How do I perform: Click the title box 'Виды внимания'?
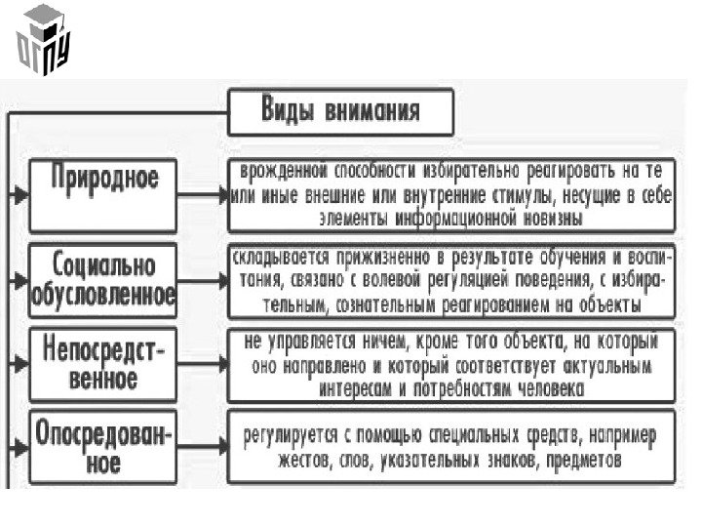(x=340, y=113)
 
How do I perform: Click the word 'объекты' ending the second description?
(x=610, y=304)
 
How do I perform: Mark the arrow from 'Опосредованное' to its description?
(x=207, y=450)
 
